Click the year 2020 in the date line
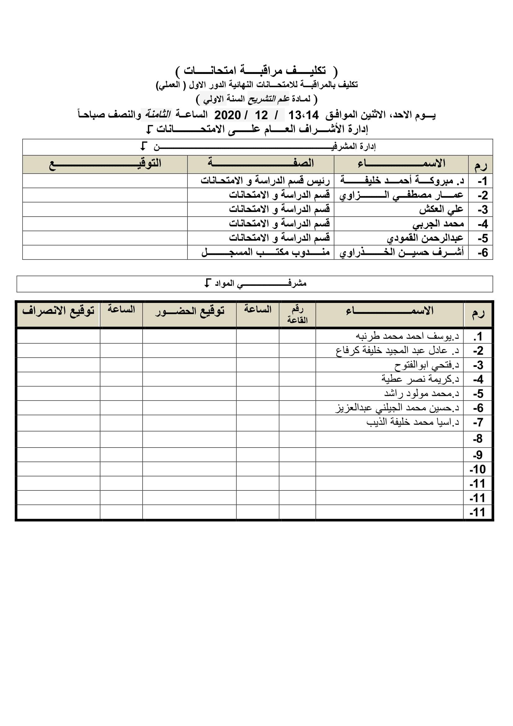click(227, 115)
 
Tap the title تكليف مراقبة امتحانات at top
click(256, 71)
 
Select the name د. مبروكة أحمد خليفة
click(402, 181)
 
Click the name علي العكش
click(441, 209)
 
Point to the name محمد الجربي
click(438, 223)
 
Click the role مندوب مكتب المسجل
click(265, 252)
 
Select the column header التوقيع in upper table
click(105, 164)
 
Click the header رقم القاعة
click(297, 314)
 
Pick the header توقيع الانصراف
click(58, 310)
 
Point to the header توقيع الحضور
click(190, 311)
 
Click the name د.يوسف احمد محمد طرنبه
click(407, 336)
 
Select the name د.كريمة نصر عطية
click(420, 379)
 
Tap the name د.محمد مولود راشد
click(422, 393)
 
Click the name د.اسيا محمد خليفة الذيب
click(413, 422)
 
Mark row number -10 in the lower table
click(477, 469)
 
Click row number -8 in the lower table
click(478, 439)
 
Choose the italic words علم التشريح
click(269, 99)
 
